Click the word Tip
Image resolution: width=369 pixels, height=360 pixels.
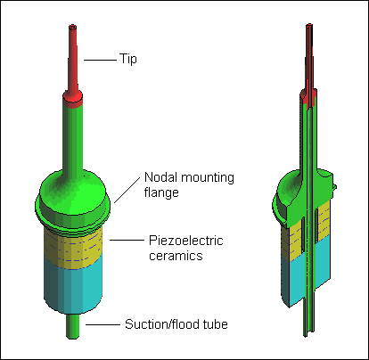128,60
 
